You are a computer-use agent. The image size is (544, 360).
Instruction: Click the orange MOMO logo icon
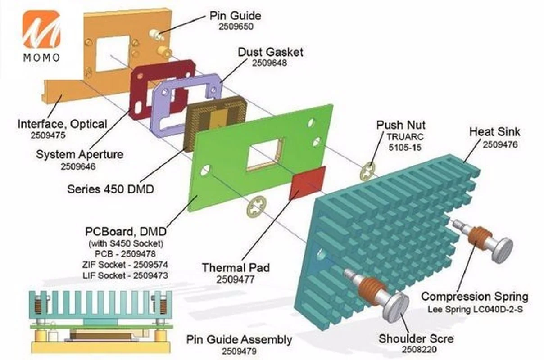click(x=41, y=29)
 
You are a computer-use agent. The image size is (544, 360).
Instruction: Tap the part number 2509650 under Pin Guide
click(x=236, y=27)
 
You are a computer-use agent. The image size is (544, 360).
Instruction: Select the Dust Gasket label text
click(x=270, y=52)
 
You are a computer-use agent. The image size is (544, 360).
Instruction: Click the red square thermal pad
click(x=307, y=183)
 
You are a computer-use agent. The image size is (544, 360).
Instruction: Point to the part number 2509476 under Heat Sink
click(x=500, y=145)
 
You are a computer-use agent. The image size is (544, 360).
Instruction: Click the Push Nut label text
click(x=401, y=125)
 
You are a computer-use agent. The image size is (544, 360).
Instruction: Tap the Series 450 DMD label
click(x=110, y=189)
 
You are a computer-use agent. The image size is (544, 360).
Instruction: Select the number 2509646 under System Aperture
click(x=78, y=166)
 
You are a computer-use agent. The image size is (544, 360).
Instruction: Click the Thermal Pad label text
click(x=236, y=267)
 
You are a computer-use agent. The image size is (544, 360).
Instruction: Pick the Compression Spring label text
click(x=475, y=297)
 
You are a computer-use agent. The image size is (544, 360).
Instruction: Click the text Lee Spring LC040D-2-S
click(x=475, y=309)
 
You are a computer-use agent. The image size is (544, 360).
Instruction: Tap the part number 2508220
click(x=419, y=349)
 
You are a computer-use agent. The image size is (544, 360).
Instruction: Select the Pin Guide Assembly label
click(x=239, y=340)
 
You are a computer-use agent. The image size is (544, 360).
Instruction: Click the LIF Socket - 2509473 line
click(x=125, y=275)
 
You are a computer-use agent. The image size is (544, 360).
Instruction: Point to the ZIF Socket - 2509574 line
click(x=125, y=264)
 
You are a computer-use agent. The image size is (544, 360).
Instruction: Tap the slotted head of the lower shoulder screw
click(x=395, y=306)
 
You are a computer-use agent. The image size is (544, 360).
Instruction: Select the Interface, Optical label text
click(x=62, y=124)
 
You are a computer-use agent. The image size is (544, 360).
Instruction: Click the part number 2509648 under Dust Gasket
click(x=269, y=63)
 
